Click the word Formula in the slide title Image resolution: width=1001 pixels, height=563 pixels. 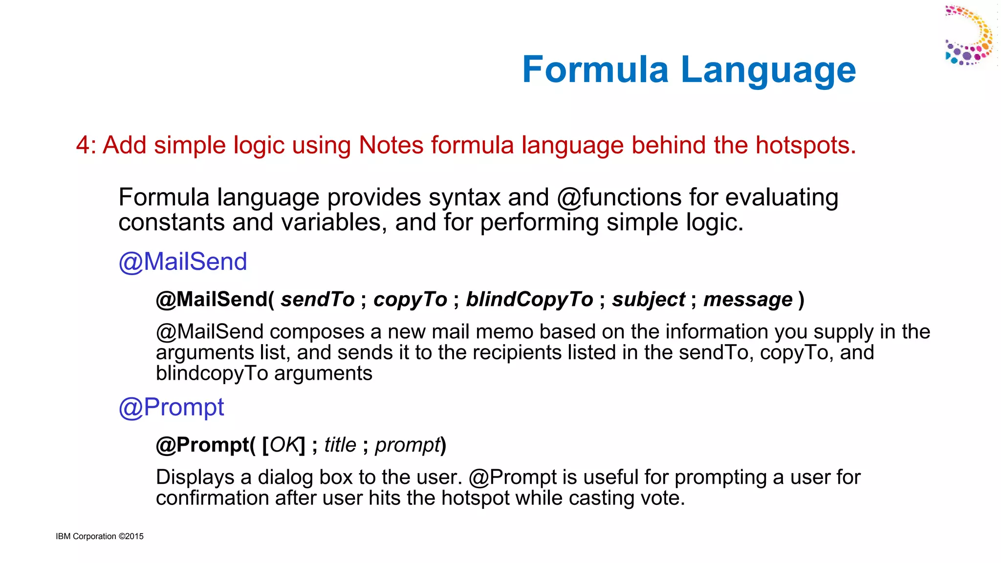pos(595,69)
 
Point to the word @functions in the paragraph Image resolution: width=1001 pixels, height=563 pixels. pos(619,197)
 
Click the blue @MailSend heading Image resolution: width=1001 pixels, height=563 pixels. pos(183,261)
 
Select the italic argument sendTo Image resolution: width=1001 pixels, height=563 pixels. pos(318,299)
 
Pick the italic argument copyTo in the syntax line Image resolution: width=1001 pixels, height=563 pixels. pos(411,299)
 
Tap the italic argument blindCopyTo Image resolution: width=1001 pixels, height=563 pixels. pos(529,299)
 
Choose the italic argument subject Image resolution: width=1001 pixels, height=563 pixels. pos(649,299)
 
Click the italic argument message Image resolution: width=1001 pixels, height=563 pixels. pos(748,299)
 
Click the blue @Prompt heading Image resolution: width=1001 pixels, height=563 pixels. pos(171,407)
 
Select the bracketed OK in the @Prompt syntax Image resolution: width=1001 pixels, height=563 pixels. pos(284,445)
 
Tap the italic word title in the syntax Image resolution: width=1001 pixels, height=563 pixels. pos(340,445)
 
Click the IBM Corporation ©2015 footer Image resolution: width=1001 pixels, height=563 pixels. pos(100,536)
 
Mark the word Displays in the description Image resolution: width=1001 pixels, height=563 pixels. pos(195,477)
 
